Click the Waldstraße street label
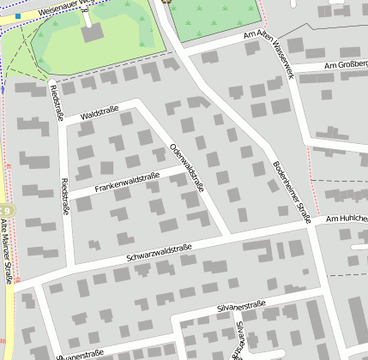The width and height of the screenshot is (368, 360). click(99, 112)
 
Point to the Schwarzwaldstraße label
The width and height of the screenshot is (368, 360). click(160, 252)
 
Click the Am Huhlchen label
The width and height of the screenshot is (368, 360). click(347, 219)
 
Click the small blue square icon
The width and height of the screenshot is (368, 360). click(18, 16)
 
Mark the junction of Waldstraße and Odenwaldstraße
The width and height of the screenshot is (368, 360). click(138, 104)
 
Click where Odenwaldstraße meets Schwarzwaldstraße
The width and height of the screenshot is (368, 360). click(228, 233)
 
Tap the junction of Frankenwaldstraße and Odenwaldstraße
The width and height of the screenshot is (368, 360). click(187, 170)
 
